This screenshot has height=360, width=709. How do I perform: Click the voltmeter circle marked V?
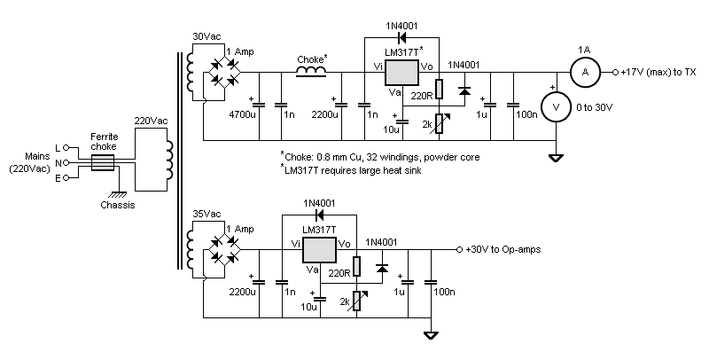tap(555, 105)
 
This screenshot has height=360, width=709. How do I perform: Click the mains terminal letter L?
tap(58, 147)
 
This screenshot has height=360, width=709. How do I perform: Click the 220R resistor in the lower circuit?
tap(356, 266)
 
